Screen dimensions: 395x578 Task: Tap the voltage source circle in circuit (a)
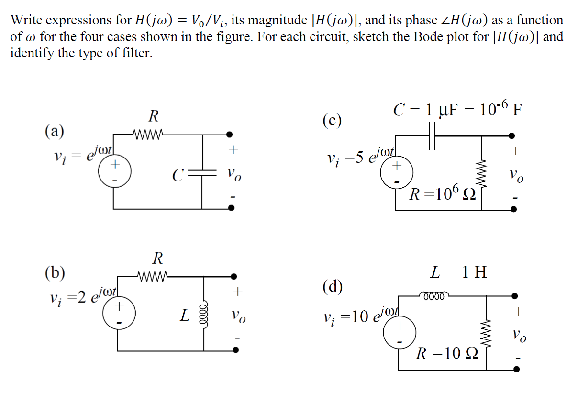(114, 170)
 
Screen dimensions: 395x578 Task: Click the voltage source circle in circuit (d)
(399, 333)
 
